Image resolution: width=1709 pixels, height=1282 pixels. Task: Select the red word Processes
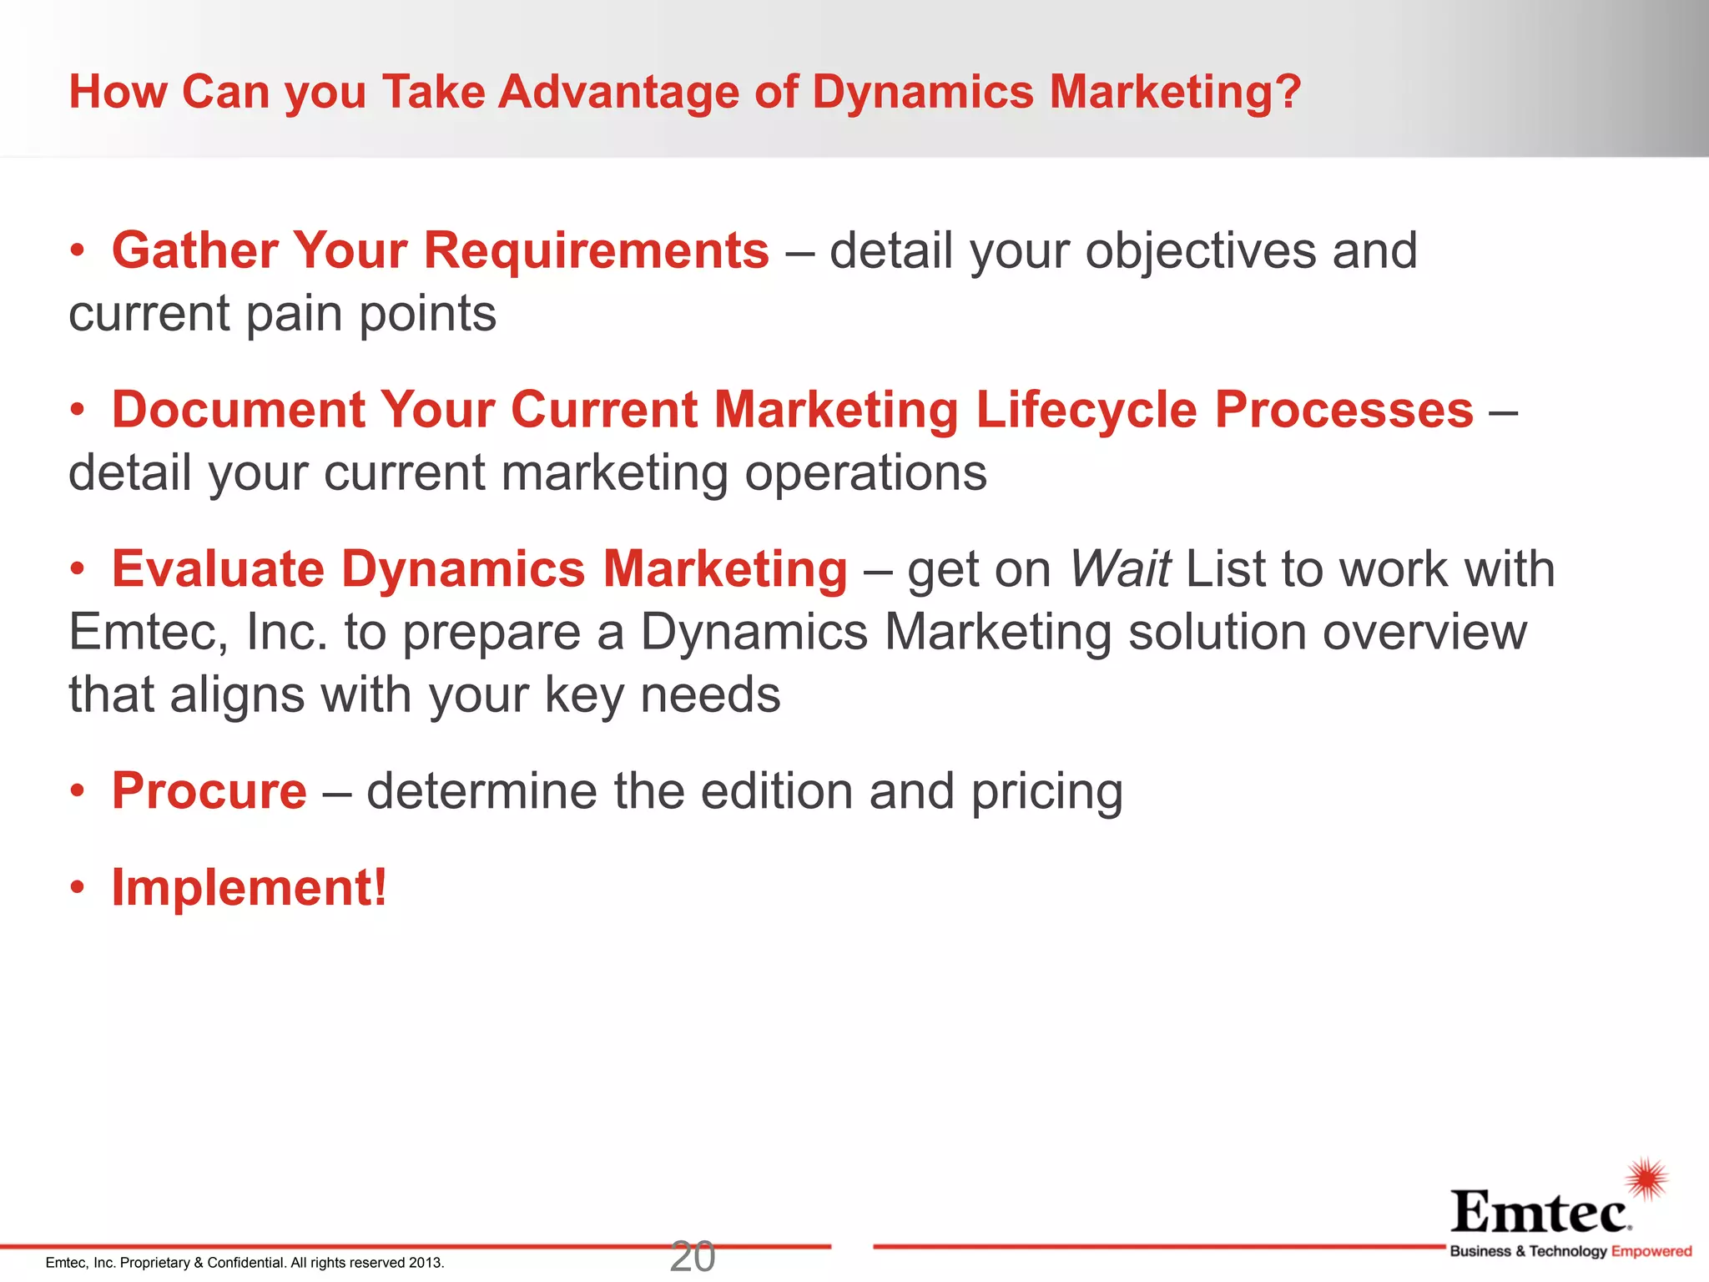coord(1344,410)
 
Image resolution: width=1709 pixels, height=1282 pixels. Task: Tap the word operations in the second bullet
coord(865,473)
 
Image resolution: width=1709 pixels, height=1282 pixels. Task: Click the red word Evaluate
coord(218,569)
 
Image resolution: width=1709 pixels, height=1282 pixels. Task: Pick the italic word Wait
coord(1119,569)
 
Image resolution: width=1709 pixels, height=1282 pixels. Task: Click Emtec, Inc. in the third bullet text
coord(198,632)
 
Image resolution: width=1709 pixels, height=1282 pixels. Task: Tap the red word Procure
coord(209,791)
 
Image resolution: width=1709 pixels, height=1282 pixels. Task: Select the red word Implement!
coord(250,887)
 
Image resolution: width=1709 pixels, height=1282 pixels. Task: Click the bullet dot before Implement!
coord(78,887)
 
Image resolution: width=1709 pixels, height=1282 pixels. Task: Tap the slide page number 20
coord(692,1257)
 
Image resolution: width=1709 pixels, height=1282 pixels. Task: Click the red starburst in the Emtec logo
coord(1646,1179)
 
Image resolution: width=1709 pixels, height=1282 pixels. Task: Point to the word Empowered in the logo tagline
coord(1651,1251)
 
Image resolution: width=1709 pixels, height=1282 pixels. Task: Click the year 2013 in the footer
coord(426,1263)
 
